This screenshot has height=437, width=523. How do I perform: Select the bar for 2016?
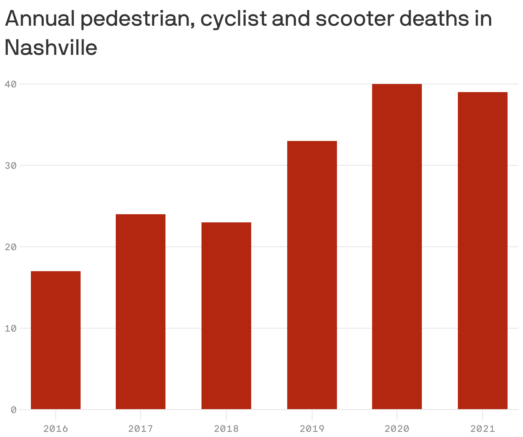click(56, 340)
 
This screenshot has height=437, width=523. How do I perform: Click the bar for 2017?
click(141, 312)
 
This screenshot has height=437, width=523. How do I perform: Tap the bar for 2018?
click(226, 316)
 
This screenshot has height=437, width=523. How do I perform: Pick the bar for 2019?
click(312, 275)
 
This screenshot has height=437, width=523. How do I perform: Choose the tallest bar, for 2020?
click(397, 247)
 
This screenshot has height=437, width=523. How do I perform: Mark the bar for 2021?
click(483, 251)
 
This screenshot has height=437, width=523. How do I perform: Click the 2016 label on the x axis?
click(56, 428)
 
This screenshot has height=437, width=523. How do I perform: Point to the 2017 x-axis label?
click(141, 428)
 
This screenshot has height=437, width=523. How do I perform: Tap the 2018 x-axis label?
click(226, 428)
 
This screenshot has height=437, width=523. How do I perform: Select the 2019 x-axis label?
click(312, 428)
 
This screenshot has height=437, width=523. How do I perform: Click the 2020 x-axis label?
click(397, 428)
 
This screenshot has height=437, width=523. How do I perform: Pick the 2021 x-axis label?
click(483, 428)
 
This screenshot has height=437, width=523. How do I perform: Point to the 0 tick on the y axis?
click(13, 410)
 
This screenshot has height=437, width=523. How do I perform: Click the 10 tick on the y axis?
click(10, 329)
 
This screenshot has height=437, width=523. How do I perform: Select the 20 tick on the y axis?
click(10, 247)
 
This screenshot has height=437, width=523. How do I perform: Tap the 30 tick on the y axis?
click(10, 166)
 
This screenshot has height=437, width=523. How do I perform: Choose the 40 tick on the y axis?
click(10, 84)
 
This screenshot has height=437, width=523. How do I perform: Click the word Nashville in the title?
click(51, 47)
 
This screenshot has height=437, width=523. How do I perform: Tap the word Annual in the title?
click(40, 19)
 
